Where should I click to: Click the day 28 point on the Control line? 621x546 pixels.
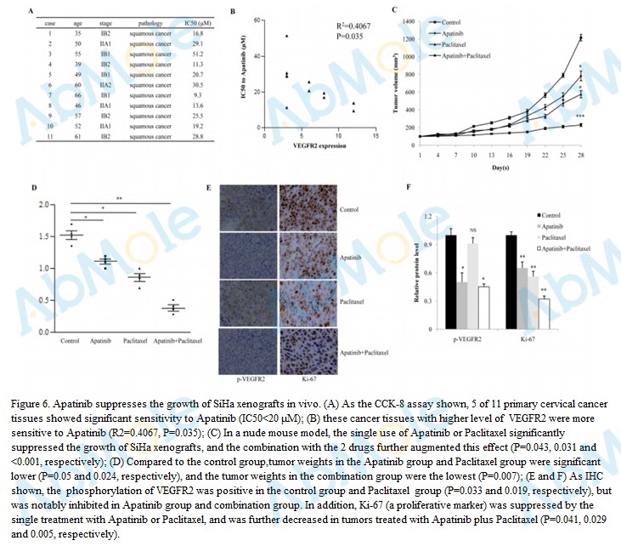581,37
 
